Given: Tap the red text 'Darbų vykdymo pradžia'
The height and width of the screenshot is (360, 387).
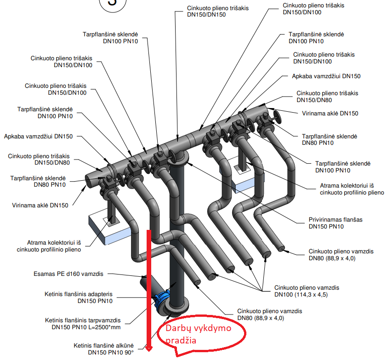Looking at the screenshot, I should [x=199, y=334].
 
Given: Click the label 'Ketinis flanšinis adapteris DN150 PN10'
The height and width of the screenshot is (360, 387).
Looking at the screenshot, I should [x=79, y=297].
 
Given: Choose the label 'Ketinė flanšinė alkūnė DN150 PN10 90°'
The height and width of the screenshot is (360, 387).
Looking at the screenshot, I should [x=103, y=349].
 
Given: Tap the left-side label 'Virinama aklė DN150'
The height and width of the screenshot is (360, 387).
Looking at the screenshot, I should [x=40, y=206].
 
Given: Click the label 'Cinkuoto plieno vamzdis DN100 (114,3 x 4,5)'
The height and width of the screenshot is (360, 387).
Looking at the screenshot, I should [x=307, y=291].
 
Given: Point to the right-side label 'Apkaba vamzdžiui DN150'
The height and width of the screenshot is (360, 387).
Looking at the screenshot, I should [x=326, y=76].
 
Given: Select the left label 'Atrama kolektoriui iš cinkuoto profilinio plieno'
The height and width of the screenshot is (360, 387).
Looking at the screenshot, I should [x=55, y=246].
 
